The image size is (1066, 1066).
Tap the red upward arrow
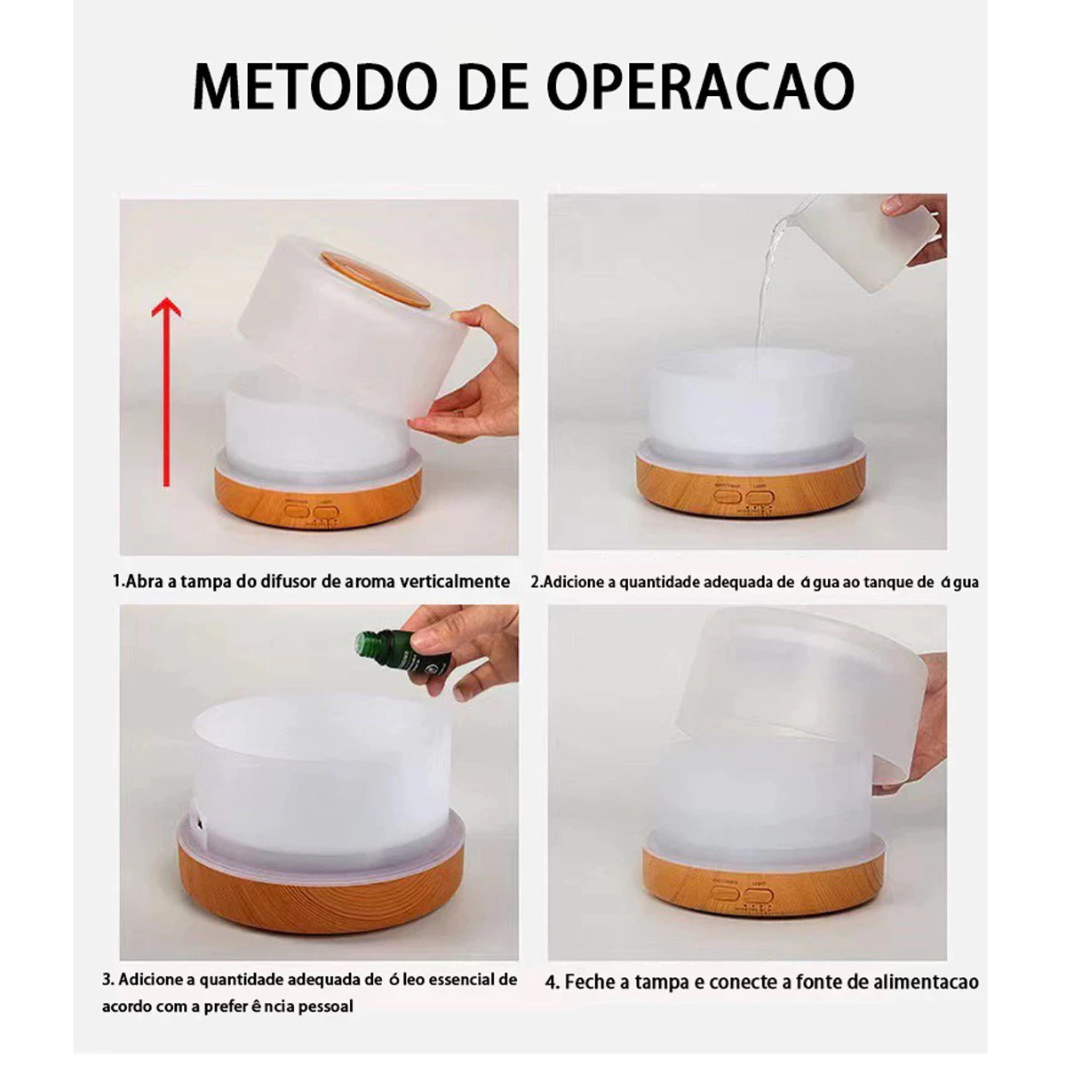[x=166, y=391]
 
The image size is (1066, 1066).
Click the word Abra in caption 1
[x=144, y=582]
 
